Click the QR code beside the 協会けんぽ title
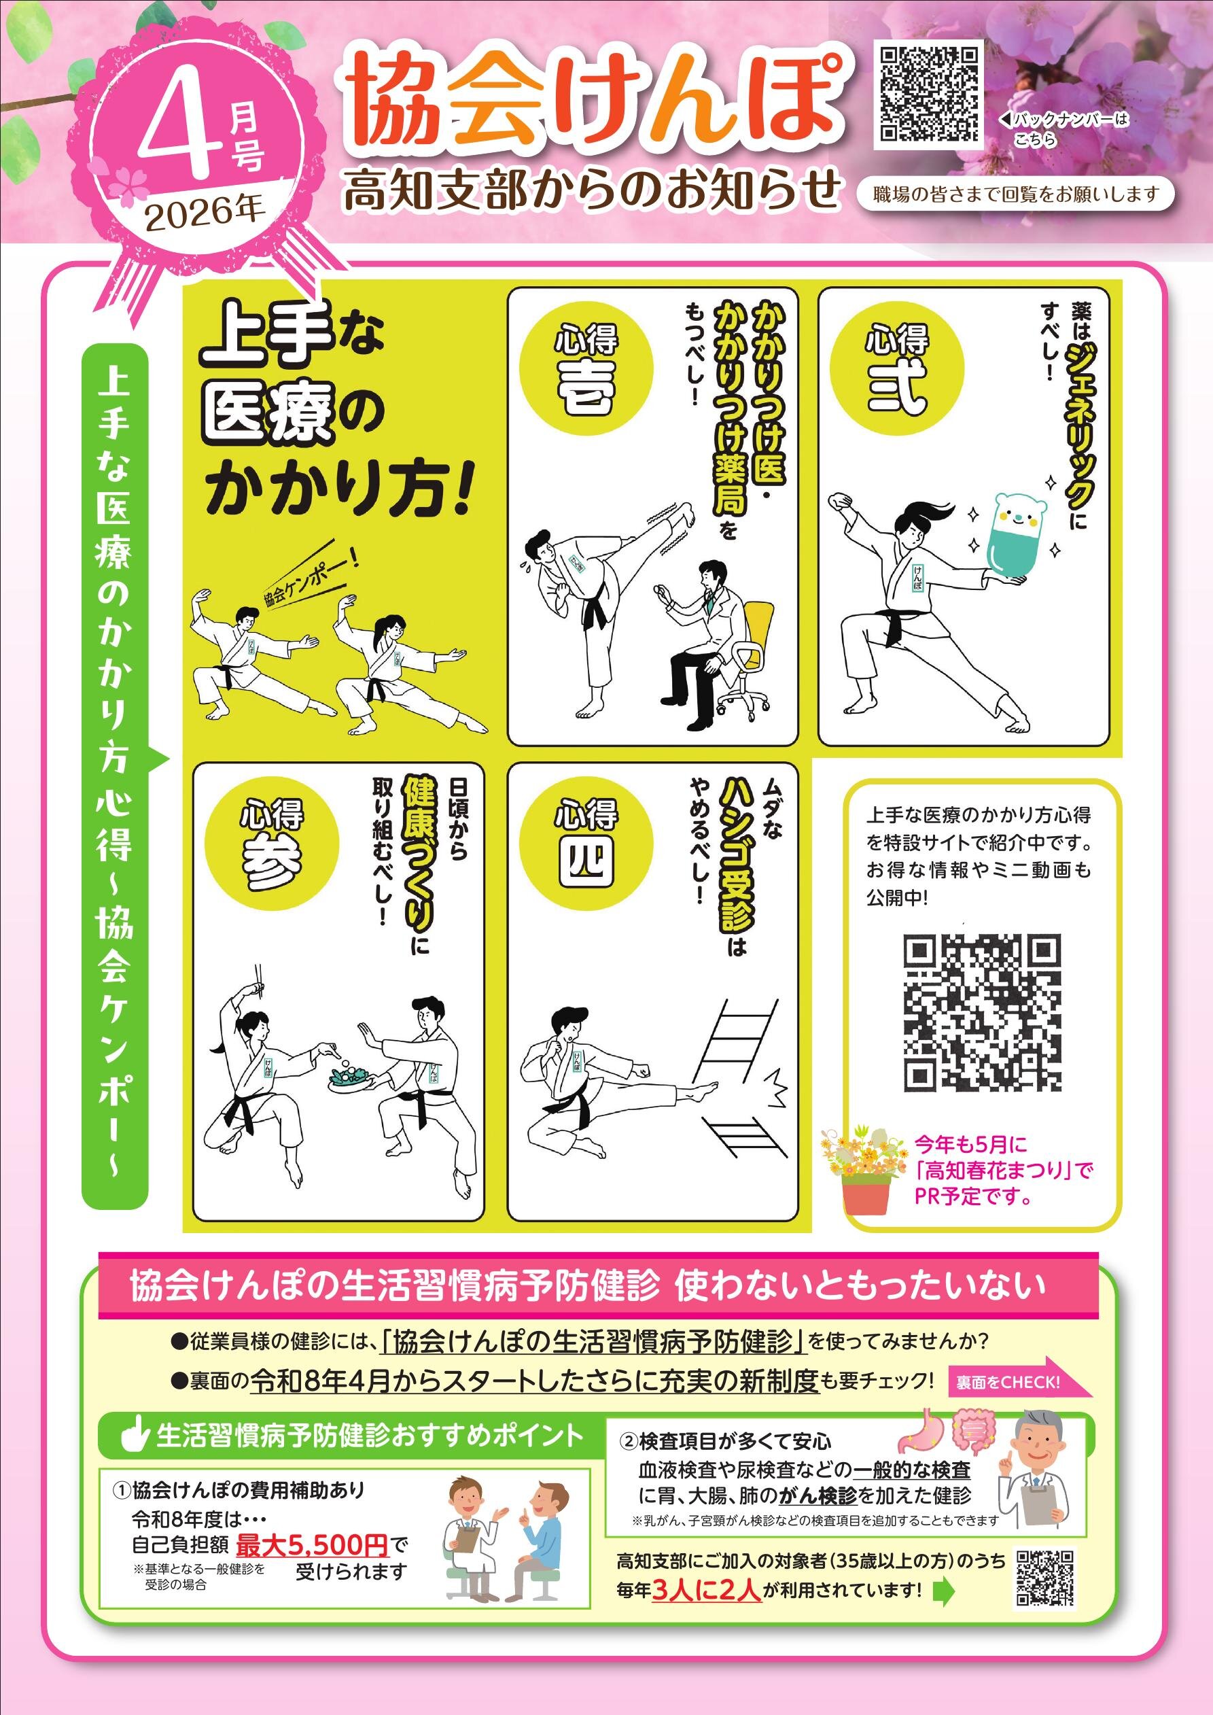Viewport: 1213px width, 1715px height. click(x=929, y=94)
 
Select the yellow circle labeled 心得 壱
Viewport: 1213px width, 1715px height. click(x=586, y=370)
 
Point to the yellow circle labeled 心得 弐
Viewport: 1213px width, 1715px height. click(x=897, y=370)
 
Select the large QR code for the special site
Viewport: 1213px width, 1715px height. click(x=982, y=1013)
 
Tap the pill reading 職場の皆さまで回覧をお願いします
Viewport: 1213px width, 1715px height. click(x=1017, y=195)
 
